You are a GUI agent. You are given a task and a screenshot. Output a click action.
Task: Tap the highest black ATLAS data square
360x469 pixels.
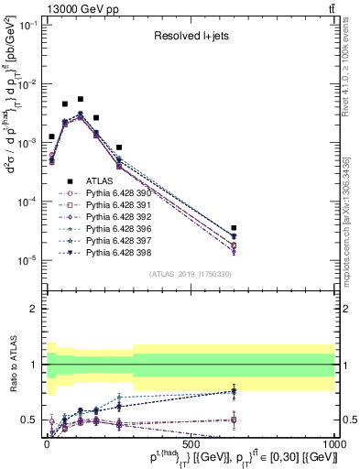(x=81, y=99)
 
